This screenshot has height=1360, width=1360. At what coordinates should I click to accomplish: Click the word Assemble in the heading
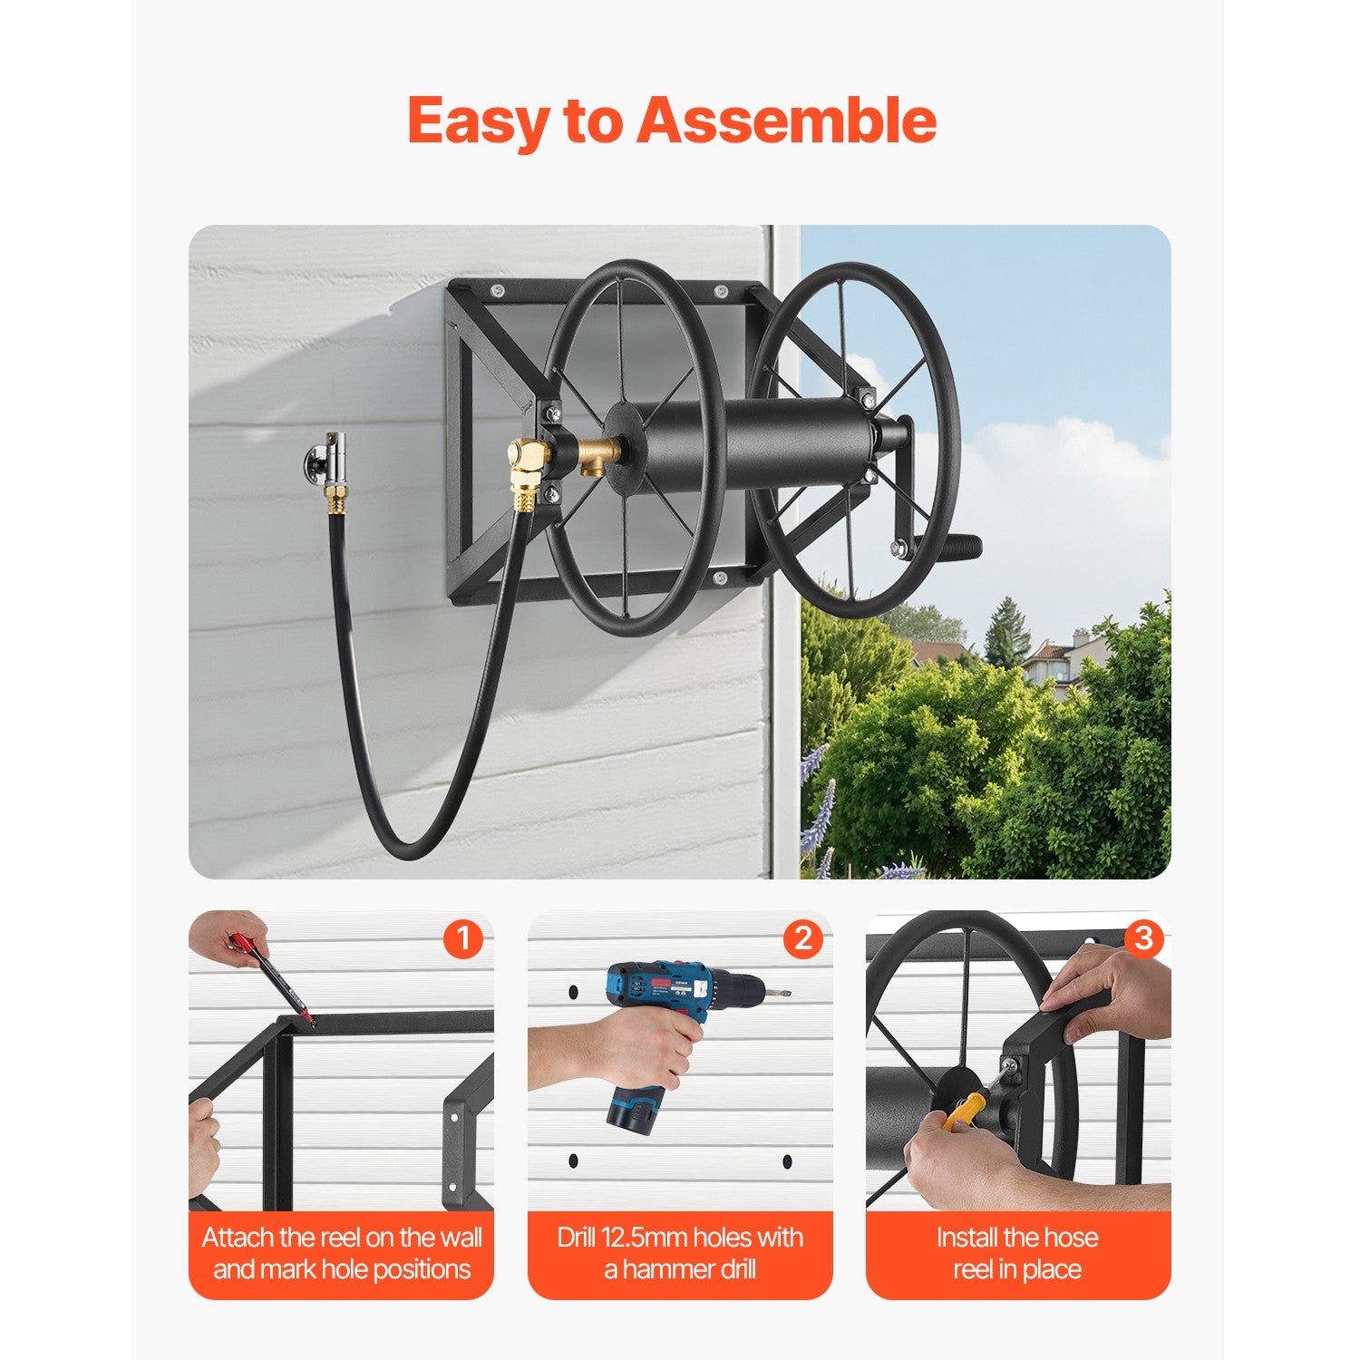pyautogui.click(x=786, y=121)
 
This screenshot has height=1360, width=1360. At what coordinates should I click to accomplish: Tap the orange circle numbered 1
pyautogui.click(x=462, y=939)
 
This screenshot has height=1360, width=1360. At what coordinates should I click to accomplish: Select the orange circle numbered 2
pyautogui.click(x=802, y=939)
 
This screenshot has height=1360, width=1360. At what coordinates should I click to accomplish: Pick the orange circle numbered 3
pyautogui.click(x=1142, y=939)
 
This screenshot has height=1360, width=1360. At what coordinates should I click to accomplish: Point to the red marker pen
pyautogui.click(x=272, y=976)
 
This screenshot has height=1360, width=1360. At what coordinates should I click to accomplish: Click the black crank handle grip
pyautogui.click(x=952, y=546)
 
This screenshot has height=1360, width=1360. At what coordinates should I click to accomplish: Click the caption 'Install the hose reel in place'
pyautogui.click(x=1017, y=1253)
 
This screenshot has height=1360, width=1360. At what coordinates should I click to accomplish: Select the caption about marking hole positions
pyautogui.click(x=342, y=1253)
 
